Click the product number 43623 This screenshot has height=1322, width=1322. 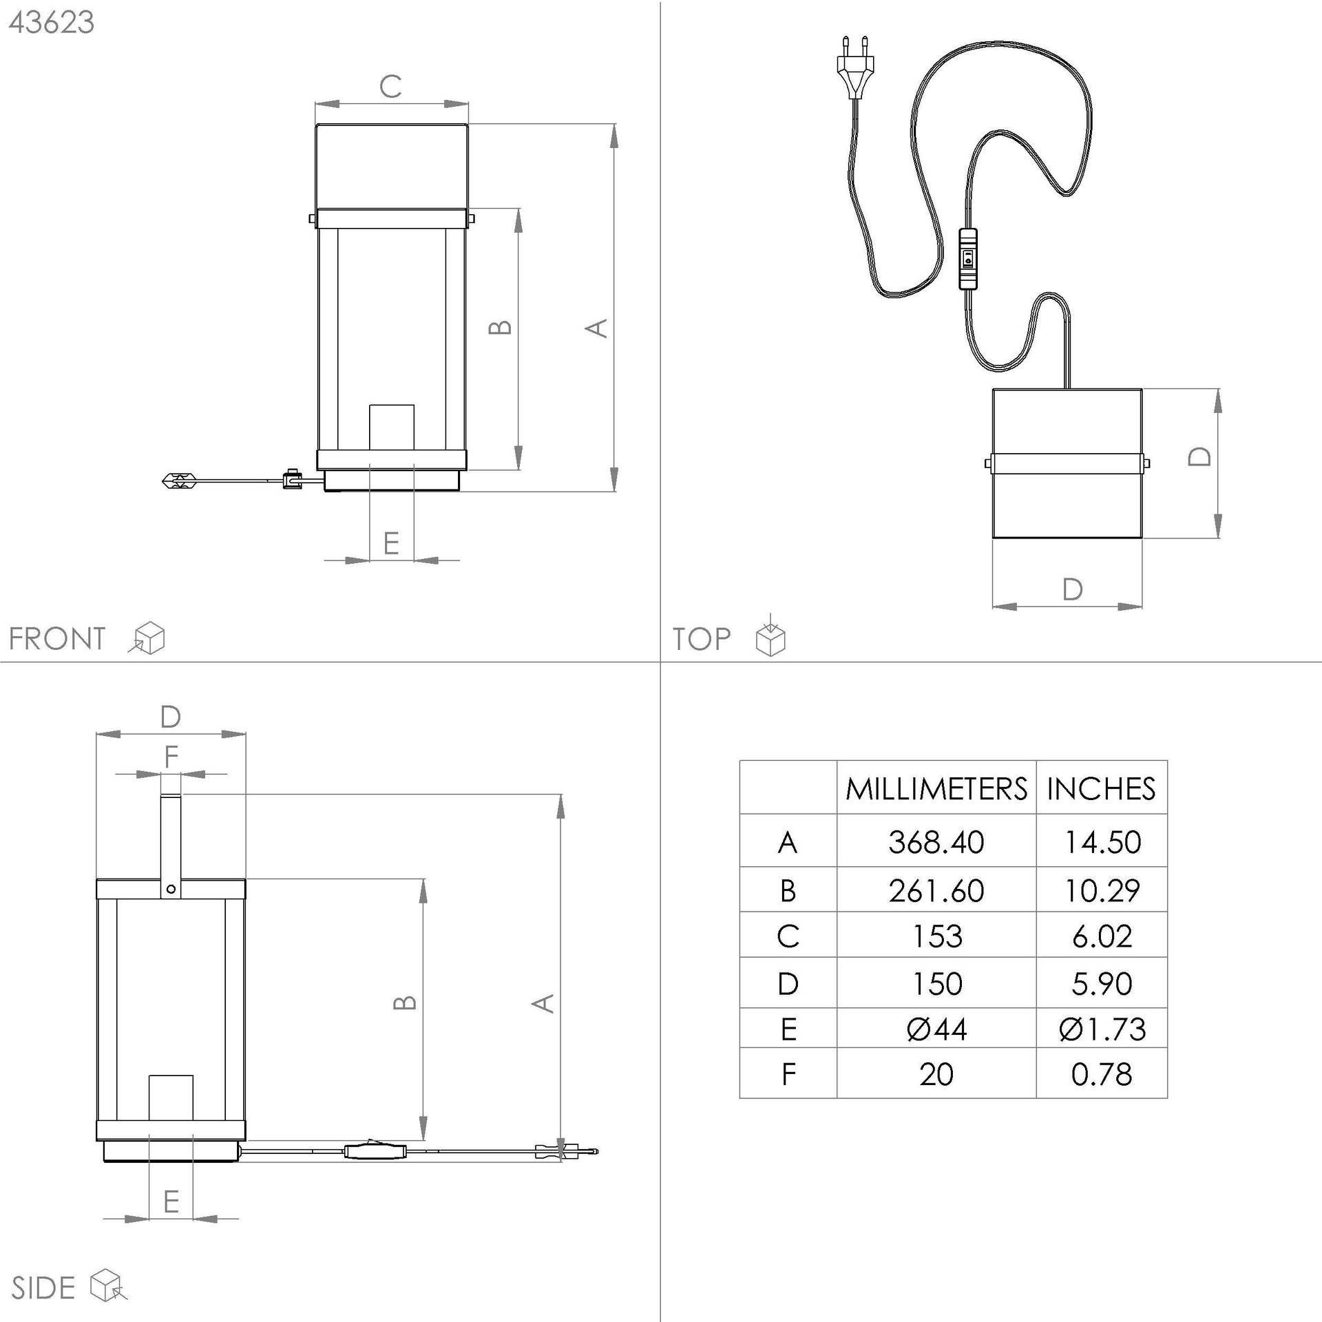52,23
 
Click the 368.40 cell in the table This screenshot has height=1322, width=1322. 936,842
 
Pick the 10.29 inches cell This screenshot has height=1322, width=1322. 1102,890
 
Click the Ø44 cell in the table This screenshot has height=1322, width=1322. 936,1029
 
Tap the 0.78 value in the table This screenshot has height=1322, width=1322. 1102,1075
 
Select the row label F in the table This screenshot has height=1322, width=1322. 788,1075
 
